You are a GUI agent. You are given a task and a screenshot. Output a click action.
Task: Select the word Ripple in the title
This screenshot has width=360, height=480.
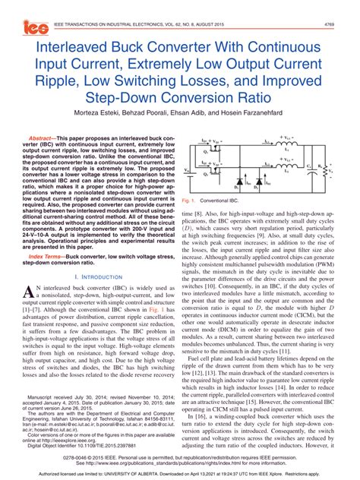pyautogui.click(x=57, y=81)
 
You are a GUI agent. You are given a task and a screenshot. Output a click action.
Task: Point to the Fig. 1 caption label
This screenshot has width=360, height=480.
pyautogui.click(x=191, y=201)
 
